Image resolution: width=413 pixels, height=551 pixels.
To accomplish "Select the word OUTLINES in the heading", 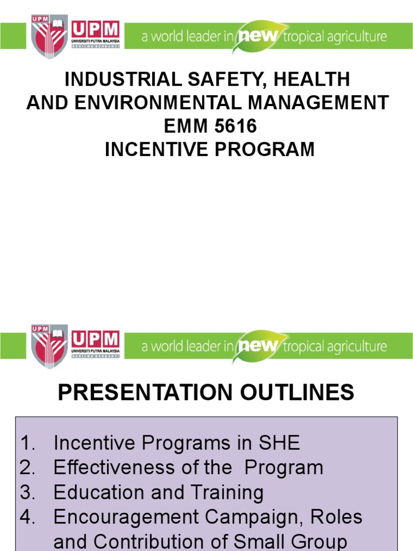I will tap(294, 392).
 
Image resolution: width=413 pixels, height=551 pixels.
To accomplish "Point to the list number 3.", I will tap(27, 492).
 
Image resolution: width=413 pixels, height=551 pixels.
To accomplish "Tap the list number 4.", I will tap(27, 517).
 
